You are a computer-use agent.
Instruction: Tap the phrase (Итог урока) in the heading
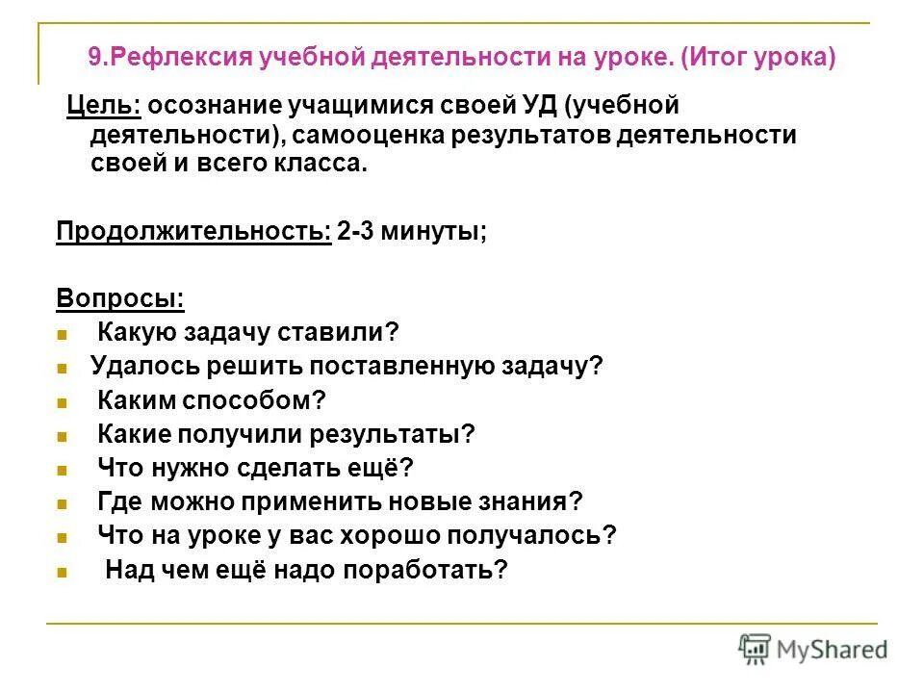[758, 58]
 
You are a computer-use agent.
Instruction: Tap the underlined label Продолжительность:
[192, 233]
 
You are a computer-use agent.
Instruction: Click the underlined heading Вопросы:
[119, 298]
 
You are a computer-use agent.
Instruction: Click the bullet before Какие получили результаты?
[61, 436]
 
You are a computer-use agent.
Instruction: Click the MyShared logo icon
[756, 648]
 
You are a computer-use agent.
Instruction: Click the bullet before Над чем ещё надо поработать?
[61, 572]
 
